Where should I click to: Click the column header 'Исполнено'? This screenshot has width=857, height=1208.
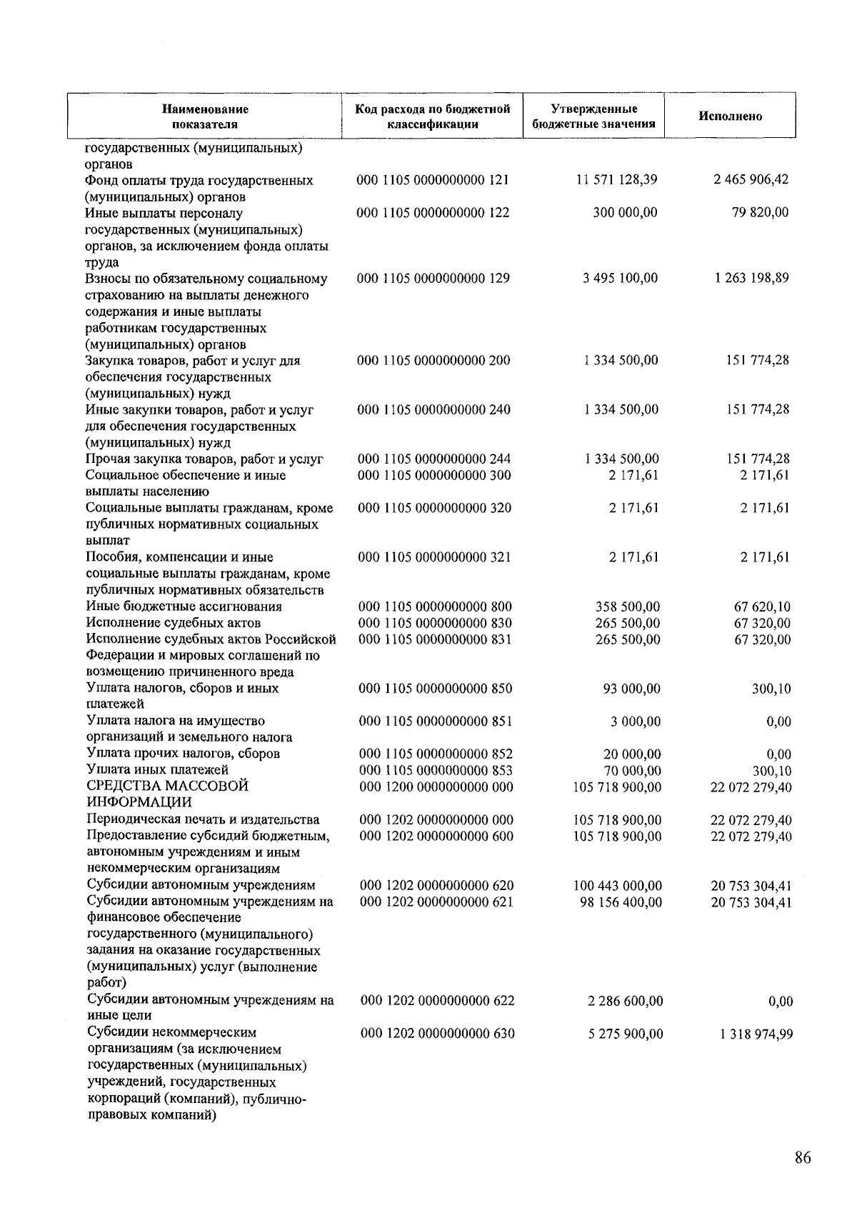(730, 116)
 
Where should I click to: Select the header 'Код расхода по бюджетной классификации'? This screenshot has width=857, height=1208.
(433, 116)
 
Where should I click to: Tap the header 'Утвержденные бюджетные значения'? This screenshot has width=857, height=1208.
(594, 116)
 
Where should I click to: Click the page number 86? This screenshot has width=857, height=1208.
(802, 1158)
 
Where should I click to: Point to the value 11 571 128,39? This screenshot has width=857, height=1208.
(616, 180)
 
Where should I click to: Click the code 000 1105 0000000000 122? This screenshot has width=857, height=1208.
(433, 213)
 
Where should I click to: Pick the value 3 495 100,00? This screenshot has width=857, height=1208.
(620, 278)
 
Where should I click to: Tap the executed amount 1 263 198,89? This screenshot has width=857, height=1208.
(751, 278)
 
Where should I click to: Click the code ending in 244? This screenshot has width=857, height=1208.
(433, 459)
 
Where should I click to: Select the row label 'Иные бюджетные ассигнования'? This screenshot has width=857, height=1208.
(184, 607)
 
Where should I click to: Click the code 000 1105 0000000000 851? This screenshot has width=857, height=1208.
(435, 721)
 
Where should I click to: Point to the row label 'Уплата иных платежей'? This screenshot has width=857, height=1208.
(157, 769)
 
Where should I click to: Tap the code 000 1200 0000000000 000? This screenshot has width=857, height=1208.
(436, 787)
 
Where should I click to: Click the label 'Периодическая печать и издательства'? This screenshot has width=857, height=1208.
(203, 819)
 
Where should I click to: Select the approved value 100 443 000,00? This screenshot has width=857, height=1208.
(617, 886)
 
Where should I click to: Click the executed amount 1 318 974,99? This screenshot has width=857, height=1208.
(752, 1034)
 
